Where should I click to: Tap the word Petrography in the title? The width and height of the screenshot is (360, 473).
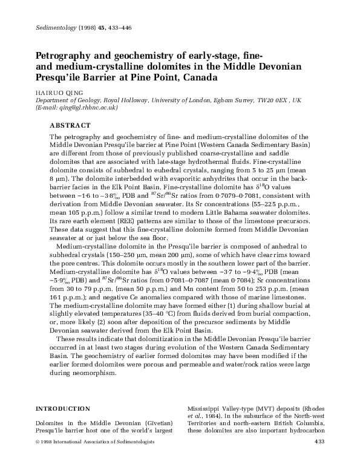[x=61, y=54]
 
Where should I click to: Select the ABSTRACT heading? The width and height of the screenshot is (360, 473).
[x=70, y=125]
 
